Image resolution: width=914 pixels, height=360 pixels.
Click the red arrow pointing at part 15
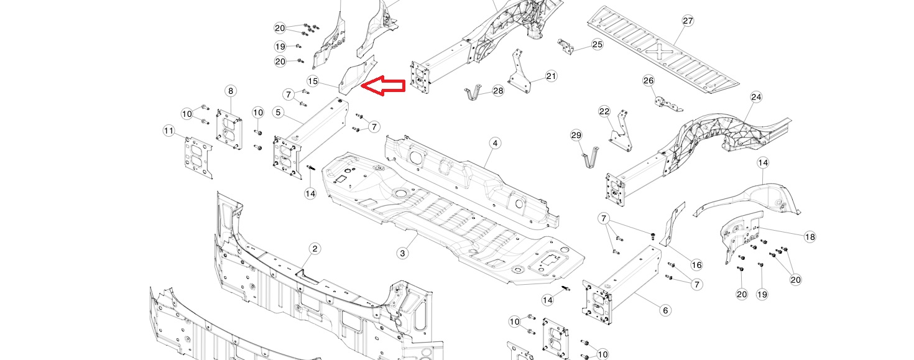(x=383, y=86)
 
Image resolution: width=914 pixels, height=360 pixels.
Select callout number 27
(x=688, y=21)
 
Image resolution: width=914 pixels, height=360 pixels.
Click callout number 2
(x=314, y=249)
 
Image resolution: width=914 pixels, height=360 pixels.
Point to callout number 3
(x=402, y=254)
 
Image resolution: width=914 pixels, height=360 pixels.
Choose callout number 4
(x=495, y=143)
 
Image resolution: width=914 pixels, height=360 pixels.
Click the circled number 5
(x=279, y=113)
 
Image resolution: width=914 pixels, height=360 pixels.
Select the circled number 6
(x=665, y=311)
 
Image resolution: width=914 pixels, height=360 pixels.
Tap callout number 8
(x=231, y=91)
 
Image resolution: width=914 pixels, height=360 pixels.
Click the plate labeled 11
(x=198, y=159)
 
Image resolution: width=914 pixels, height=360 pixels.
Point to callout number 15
(x=313, y=81)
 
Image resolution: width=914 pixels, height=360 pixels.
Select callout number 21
(x=552, y=76)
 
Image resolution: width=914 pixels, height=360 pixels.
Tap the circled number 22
(x=604, y=111)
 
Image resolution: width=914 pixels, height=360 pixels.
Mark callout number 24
(x=756, y=97)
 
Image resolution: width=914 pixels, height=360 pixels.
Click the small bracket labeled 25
(x=566, y=47)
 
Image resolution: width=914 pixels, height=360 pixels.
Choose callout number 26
(x=649, y=81)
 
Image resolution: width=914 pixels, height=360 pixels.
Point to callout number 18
(x=810, y=237)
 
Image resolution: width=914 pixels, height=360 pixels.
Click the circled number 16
(x=696, y=265)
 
